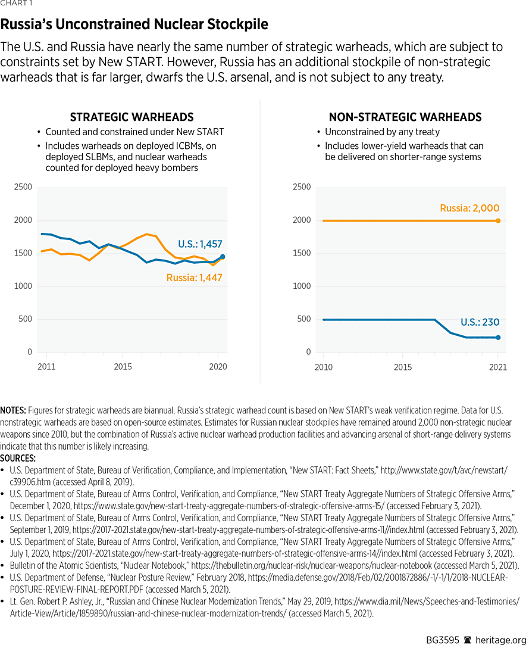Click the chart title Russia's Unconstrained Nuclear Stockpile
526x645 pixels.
pyautogui.click(x=134, y=24)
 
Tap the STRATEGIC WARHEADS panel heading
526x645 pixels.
pyautogui.click(x=131, y=117)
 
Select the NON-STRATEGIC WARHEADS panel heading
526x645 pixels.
pyautogui.click(x=405, y=117)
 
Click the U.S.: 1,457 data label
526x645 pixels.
pyautogui.click(x=200, y=244)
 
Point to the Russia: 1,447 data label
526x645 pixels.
pyautogui.click(x=194, y=278)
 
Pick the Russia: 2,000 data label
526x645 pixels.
pyautogui.click(x=469, y=208)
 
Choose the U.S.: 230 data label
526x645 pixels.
pyautogui.click(x=480, y=323)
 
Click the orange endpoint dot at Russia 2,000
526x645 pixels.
pyautogui.click(x=498, y=221)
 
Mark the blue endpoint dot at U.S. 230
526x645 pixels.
pyautogui.click(x=498, y=338)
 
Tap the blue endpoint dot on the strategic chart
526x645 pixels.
pyautogui.click(x=223, y=257)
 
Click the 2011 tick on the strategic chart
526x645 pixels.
pyautogui.click(x=46, y=367)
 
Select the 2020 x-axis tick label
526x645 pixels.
pyautogui.click(x=218, y=367)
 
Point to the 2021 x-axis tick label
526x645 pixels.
pyautogui.click(x=498, y=367)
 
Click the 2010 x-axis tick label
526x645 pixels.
pyautogui.click(x=323, y=367)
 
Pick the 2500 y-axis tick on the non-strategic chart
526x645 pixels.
pyautogui.click(x=302, y=188)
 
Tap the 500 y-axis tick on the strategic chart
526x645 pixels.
pyautogui.click(x=24, y=319)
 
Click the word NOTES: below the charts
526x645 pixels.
pyautogui.click(x=13, y=411)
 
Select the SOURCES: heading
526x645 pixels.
pyautogui.click(x=18, y=459)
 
